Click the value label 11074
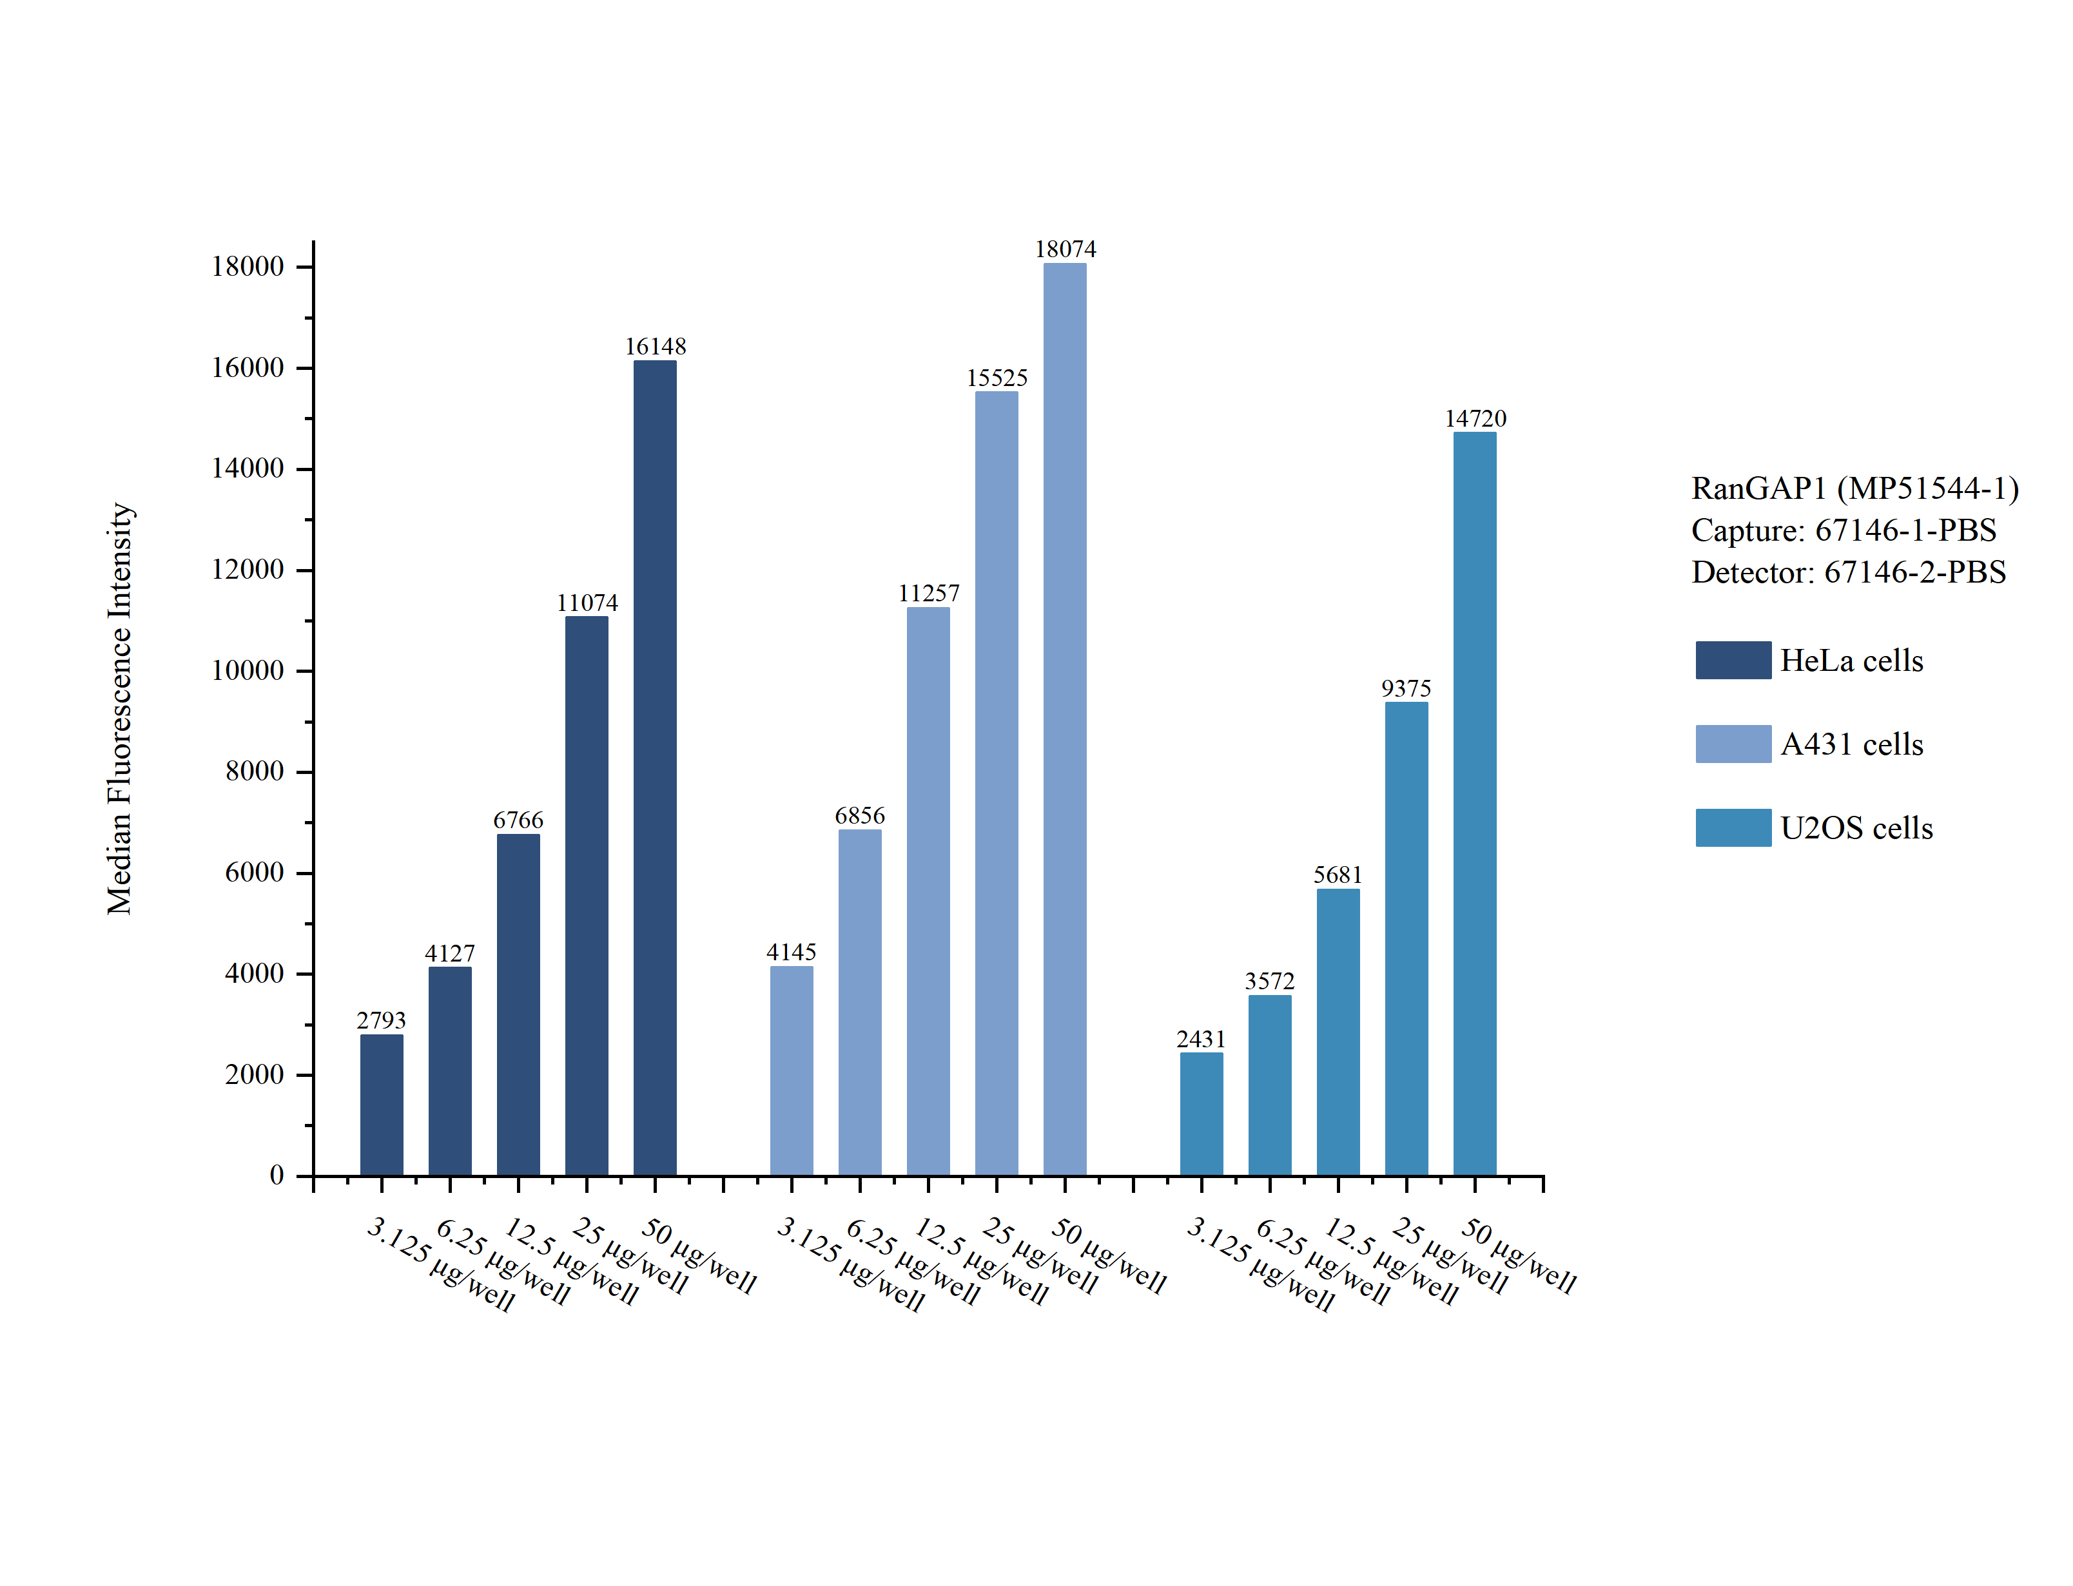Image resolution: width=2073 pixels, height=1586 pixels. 587,603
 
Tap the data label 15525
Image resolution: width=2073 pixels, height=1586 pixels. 997,378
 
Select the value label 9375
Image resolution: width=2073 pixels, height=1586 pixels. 1406,688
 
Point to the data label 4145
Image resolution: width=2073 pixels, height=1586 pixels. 791,952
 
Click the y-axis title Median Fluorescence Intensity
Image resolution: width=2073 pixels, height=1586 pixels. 120,708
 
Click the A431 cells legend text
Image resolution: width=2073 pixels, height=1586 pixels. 1851,744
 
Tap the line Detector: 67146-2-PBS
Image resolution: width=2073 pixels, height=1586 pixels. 1847,572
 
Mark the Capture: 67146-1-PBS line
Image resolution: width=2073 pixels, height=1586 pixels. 1843,530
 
